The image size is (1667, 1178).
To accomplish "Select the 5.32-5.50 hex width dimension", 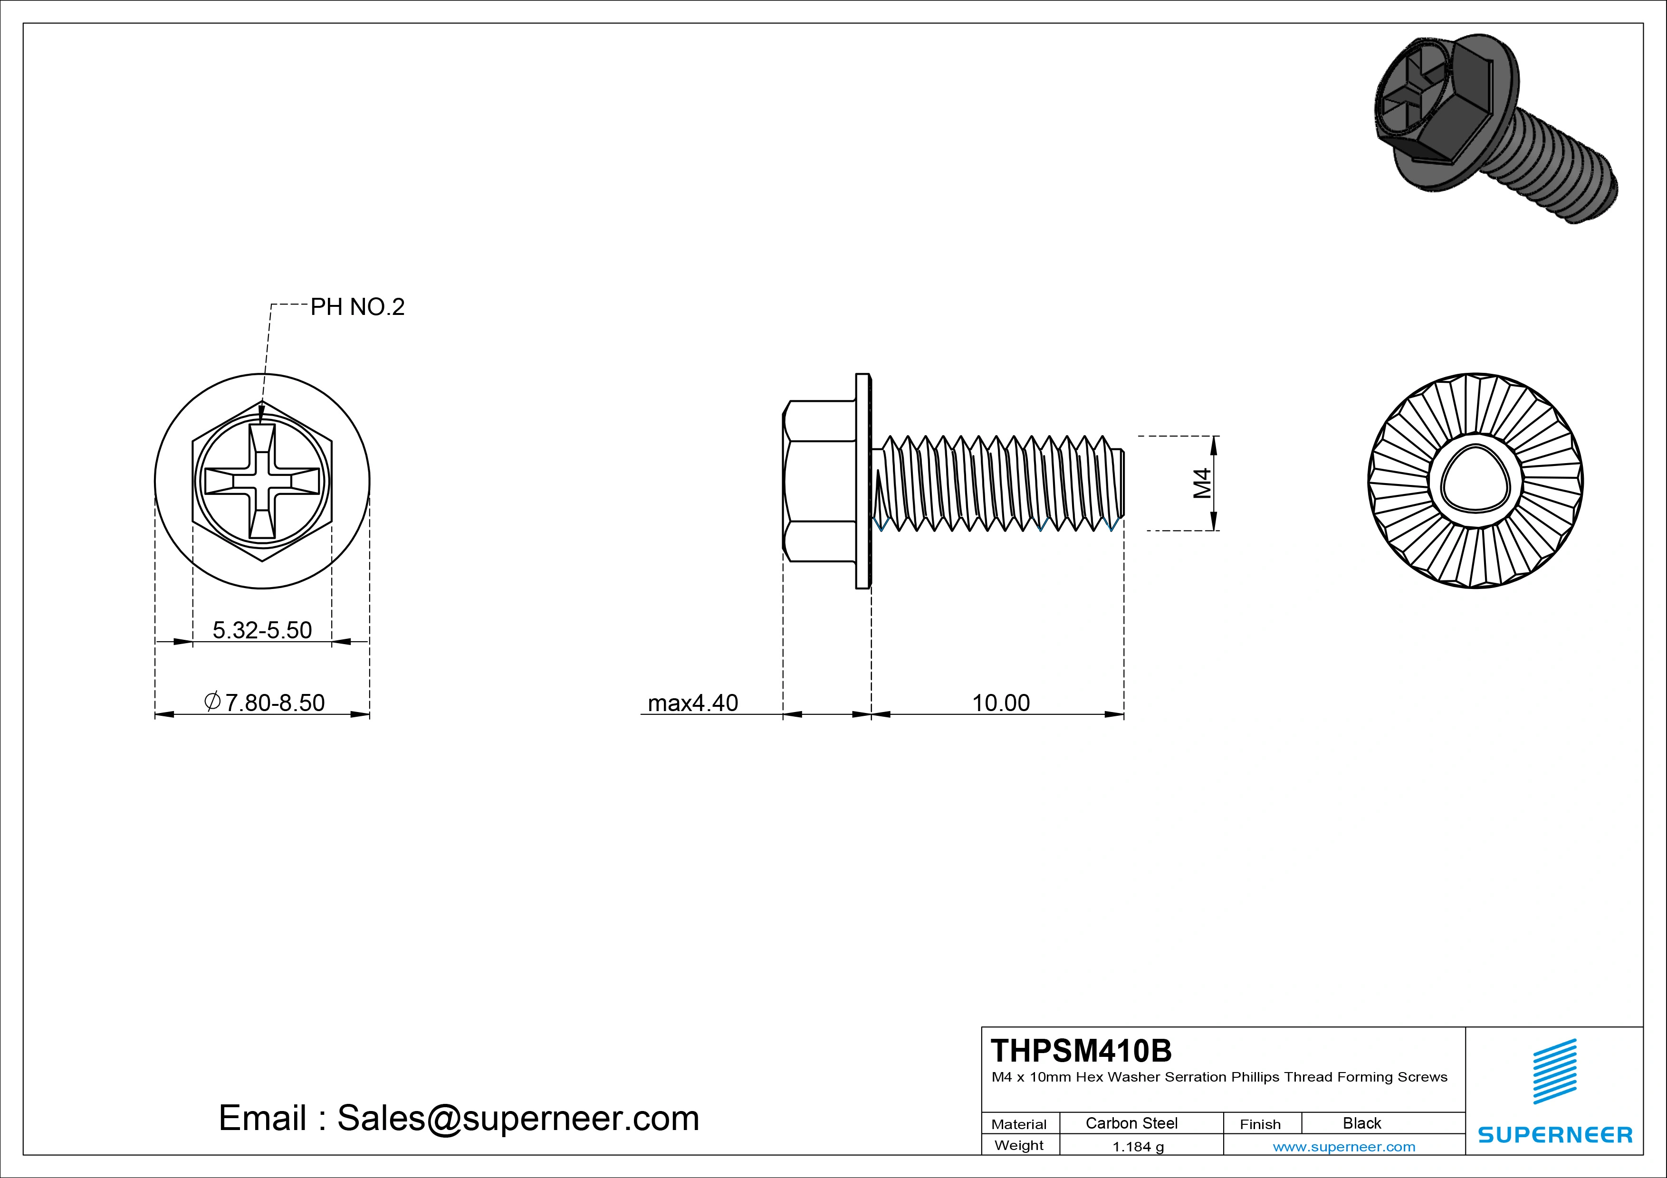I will tap(262, 629).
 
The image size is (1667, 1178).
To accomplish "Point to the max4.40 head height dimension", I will tap(693, 702).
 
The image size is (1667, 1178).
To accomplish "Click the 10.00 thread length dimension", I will tap(1000, 702).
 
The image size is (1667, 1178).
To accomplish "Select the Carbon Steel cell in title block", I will tap(1131, 1123).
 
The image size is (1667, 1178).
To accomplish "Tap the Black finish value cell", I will tap(1361, 1123).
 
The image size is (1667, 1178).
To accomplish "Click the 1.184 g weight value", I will tap(1138, 1147).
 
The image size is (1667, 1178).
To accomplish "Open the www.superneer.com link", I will tap(1344, 1147).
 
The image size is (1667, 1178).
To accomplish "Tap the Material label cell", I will tap(1019, 1124).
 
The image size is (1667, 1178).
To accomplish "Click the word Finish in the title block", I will tap(1260, 1124).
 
